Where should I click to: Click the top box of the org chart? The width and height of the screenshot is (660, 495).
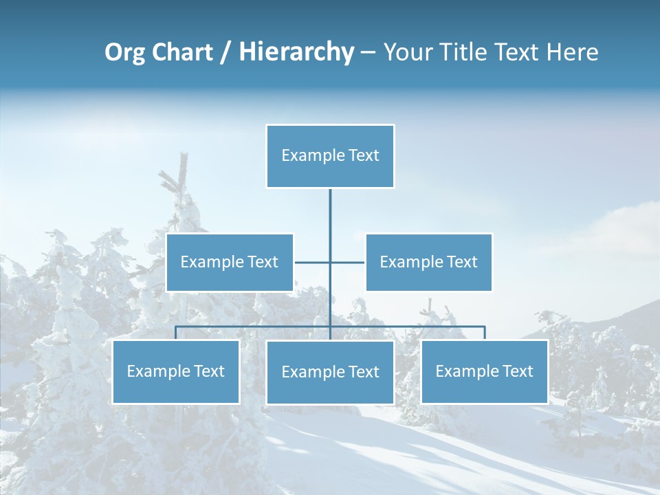point(330,155)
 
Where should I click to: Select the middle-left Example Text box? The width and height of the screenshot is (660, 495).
point(230,262)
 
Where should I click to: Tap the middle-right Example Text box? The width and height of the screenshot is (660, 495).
point(428,262)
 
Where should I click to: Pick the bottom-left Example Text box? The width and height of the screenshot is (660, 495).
point(175,371)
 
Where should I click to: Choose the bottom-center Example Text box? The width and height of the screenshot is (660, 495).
point(330,372)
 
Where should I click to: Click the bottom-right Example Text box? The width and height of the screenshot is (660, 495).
point(484,371)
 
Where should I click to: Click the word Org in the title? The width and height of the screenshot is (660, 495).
point(124,52)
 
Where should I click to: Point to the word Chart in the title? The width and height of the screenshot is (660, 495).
point(182,52)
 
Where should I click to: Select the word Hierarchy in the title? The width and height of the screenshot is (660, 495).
point(296,52)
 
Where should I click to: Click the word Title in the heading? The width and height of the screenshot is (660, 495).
point(464,52)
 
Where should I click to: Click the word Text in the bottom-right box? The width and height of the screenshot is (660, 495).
point(516,371)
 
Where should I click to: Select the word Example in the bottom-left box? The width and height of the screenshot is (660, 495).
point(157,371)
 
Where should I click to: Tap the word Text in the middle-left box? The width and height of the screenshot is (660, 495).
point(262,262)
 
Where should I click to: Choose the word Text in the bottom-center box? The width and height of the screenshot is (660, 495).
point(362,372)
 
